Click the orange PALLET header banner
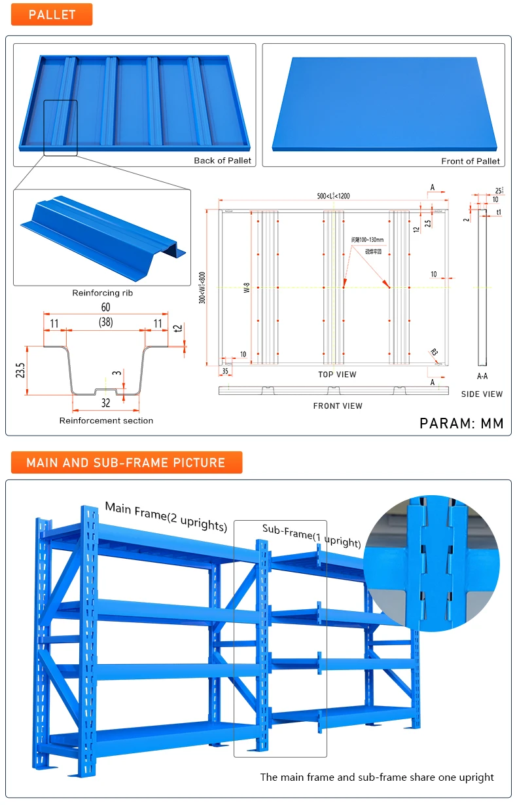click(52, 14)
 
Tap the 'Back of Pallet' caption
click(223, 160)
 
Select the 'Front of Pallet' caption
click(470, 161)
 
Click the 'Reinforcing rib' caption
click(102, 293)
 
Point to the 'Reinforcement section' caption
click(106, 421)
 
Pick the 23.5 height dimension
click(21, 370)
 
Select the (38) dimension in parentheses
click(105, 322)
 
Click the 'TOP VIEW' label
click(337, 375)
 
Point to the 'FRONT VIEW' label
click(337, 406)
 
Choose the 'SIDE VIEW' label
click(482, 394)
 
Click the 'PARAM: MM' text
click(461, 423)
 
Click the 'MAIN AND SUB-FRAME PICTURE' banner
click(126, 462)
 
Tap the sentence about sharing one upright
click(377, 777)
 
